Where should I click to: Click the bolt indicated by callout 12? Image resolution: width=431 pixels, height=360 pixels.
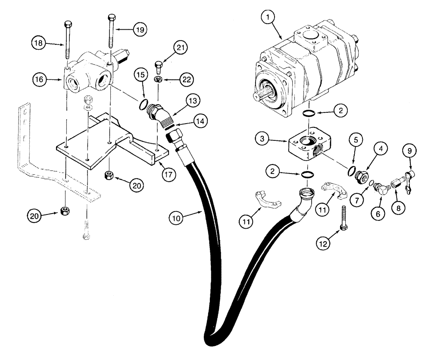[x=344, y=217]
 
